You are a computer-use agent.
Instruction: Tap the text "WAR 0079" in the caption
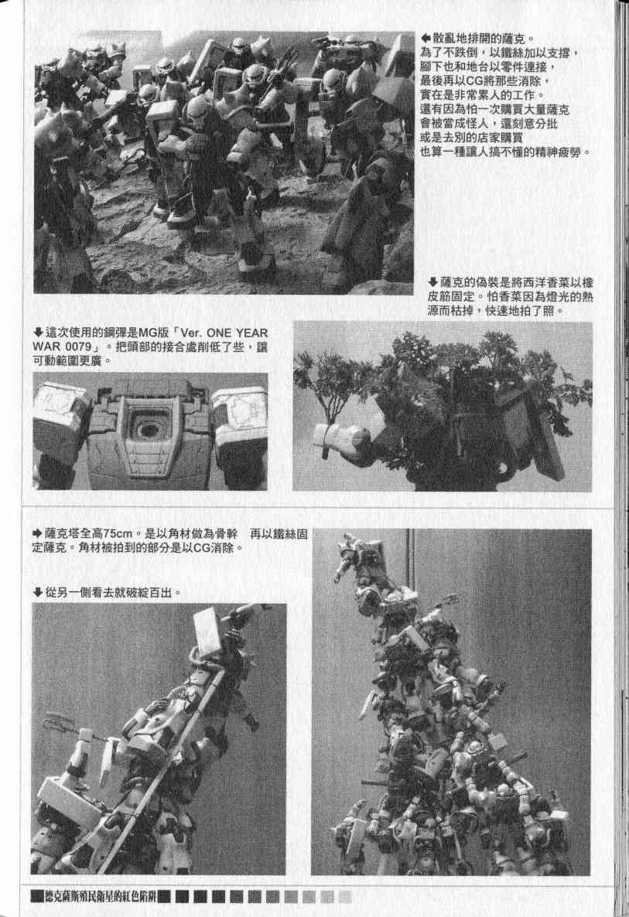[x=62, y=347]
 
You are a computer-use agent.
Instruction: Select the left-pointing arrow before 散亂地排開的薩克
[x=426, y=39]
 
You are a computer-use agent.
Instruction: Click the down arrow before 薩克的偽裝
[x=433, y=282]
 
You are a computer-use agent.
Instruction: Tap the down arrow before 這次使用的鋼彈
[x=38, y=333]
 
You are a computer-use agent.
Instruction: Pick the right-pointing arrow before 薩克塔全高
[x=38, y=534]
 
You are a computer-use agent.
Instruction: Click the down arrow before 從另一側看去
[x=38, y=593]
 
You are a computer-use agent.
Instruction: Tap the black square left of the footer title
[x=37, y=896]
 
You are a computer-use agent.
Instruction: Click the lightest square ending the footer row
[x=345, y=896]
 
